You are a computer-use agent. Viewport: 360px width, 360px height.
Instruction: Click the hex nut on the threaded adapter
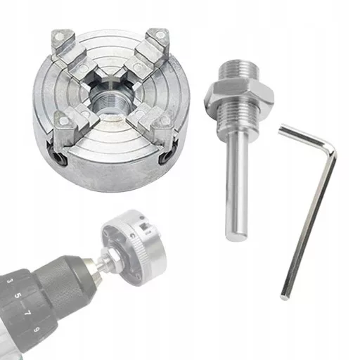point(239,94)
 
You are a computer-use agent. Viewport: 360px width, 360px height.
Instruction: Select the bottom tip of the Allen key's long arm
point(285,297)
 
